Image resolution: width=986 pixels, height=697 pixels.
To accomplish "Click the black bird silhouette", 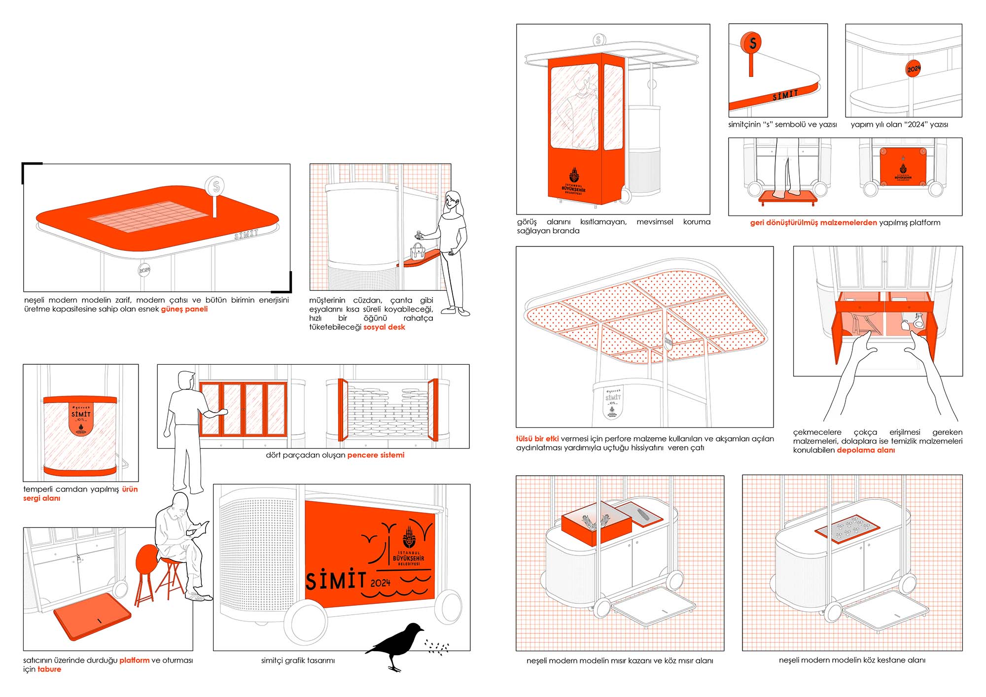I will click(394, 643).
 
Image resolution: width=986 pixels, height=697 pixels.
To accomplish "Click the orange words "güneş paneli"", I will click(184, 309).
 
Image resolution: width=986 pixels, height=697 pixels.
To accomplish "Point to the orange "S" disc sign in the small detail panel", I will click(752, 43).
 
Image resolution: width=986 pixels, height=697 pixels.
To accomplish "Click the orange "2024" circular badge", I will click(914, 68).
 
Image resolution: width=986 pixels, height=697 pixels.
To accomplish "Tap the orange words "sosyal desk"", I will click(384, 327).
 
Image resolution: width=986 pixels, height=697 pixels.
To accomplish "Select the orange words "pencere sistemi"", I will click(376, 455).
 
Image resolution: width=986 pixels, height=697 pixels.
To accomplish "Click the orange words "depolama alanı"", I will click(866, 450).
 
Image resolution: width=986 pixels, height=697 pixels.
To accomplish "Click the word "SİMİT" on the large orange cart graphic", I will click(335, 581).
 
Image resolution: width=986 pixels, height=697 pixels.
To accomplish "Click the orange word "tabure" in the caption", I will click(49, 669).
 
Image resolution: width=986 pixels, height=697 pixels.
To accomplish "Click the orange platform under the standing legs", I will click(788, 198).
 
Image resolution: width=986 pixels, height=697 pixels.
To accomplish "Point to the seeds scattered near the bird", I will click(437, 648).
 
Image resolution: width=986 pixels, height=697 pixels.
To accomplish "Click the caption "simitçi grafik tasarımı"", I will click(298, 661).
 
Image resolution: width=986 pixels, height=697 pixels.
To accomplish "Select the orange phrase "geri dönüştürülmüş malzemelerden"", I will click(813, 223).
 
